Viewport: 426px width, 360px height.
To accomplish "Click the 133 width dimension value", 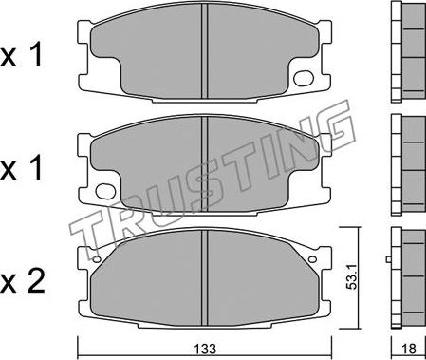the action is [206, 349].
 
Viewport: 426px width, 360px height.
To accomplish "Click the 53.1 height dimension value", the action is [351, 277].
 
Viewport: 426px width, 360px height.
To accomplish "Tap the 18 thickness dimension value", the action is [409, 349].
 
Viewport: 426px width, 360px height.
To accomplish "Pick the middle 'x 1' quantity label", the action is [22, 168].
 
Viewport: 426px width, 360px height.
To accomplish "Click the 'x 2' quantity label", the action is [22, 281].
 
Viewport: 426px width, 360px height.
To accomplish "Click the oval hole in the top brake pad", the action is [304, 78].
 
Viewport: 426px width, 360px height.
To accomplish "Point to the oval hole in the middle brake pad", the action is [105, 191].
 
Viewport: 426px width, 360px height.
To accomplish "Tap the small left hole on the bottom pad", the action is [97, 259].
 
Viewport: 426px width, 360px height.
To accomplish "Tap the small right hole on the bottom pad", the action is [312, 259].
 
